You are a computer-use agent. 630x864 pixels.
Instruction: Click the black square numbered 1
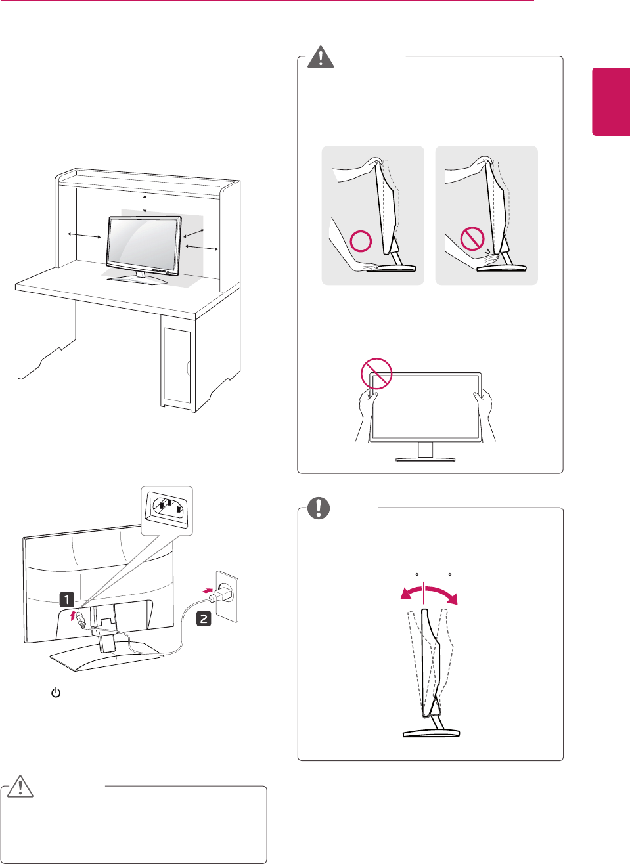(66, 599)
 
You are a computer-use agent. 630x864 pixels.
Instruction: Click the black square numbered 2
(204, 618)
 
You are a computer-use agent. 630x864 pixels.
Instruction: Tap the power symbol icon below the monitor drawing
(56, 693)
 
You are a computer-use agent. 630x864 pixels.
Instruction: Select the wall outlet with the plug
(226, 597)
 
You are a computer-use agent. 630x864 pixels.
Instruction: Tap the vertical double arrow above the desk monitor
(145, 204)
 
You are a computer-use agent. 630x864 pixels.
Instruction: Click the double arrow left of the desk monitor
(83, 236)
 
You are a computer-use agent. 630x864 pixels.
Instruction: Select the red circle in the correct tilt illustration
(361, 241)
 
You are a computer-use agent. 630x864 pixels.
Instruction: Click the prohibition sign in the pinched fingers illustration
(472, 239)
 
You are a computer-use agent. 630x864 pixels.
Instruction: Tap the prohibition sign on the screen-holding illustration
(376, 374)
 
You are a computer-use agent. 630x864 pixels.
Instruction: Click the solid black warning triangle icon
(321, 57)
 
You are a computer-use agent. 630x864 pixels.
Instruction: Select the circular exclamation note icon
(319, 508)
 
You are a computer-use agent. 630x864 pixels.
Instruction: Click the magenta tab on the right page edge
(611, 101)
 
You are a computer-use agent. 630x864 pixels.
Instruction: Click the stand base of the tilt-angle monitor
(431, 733)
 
